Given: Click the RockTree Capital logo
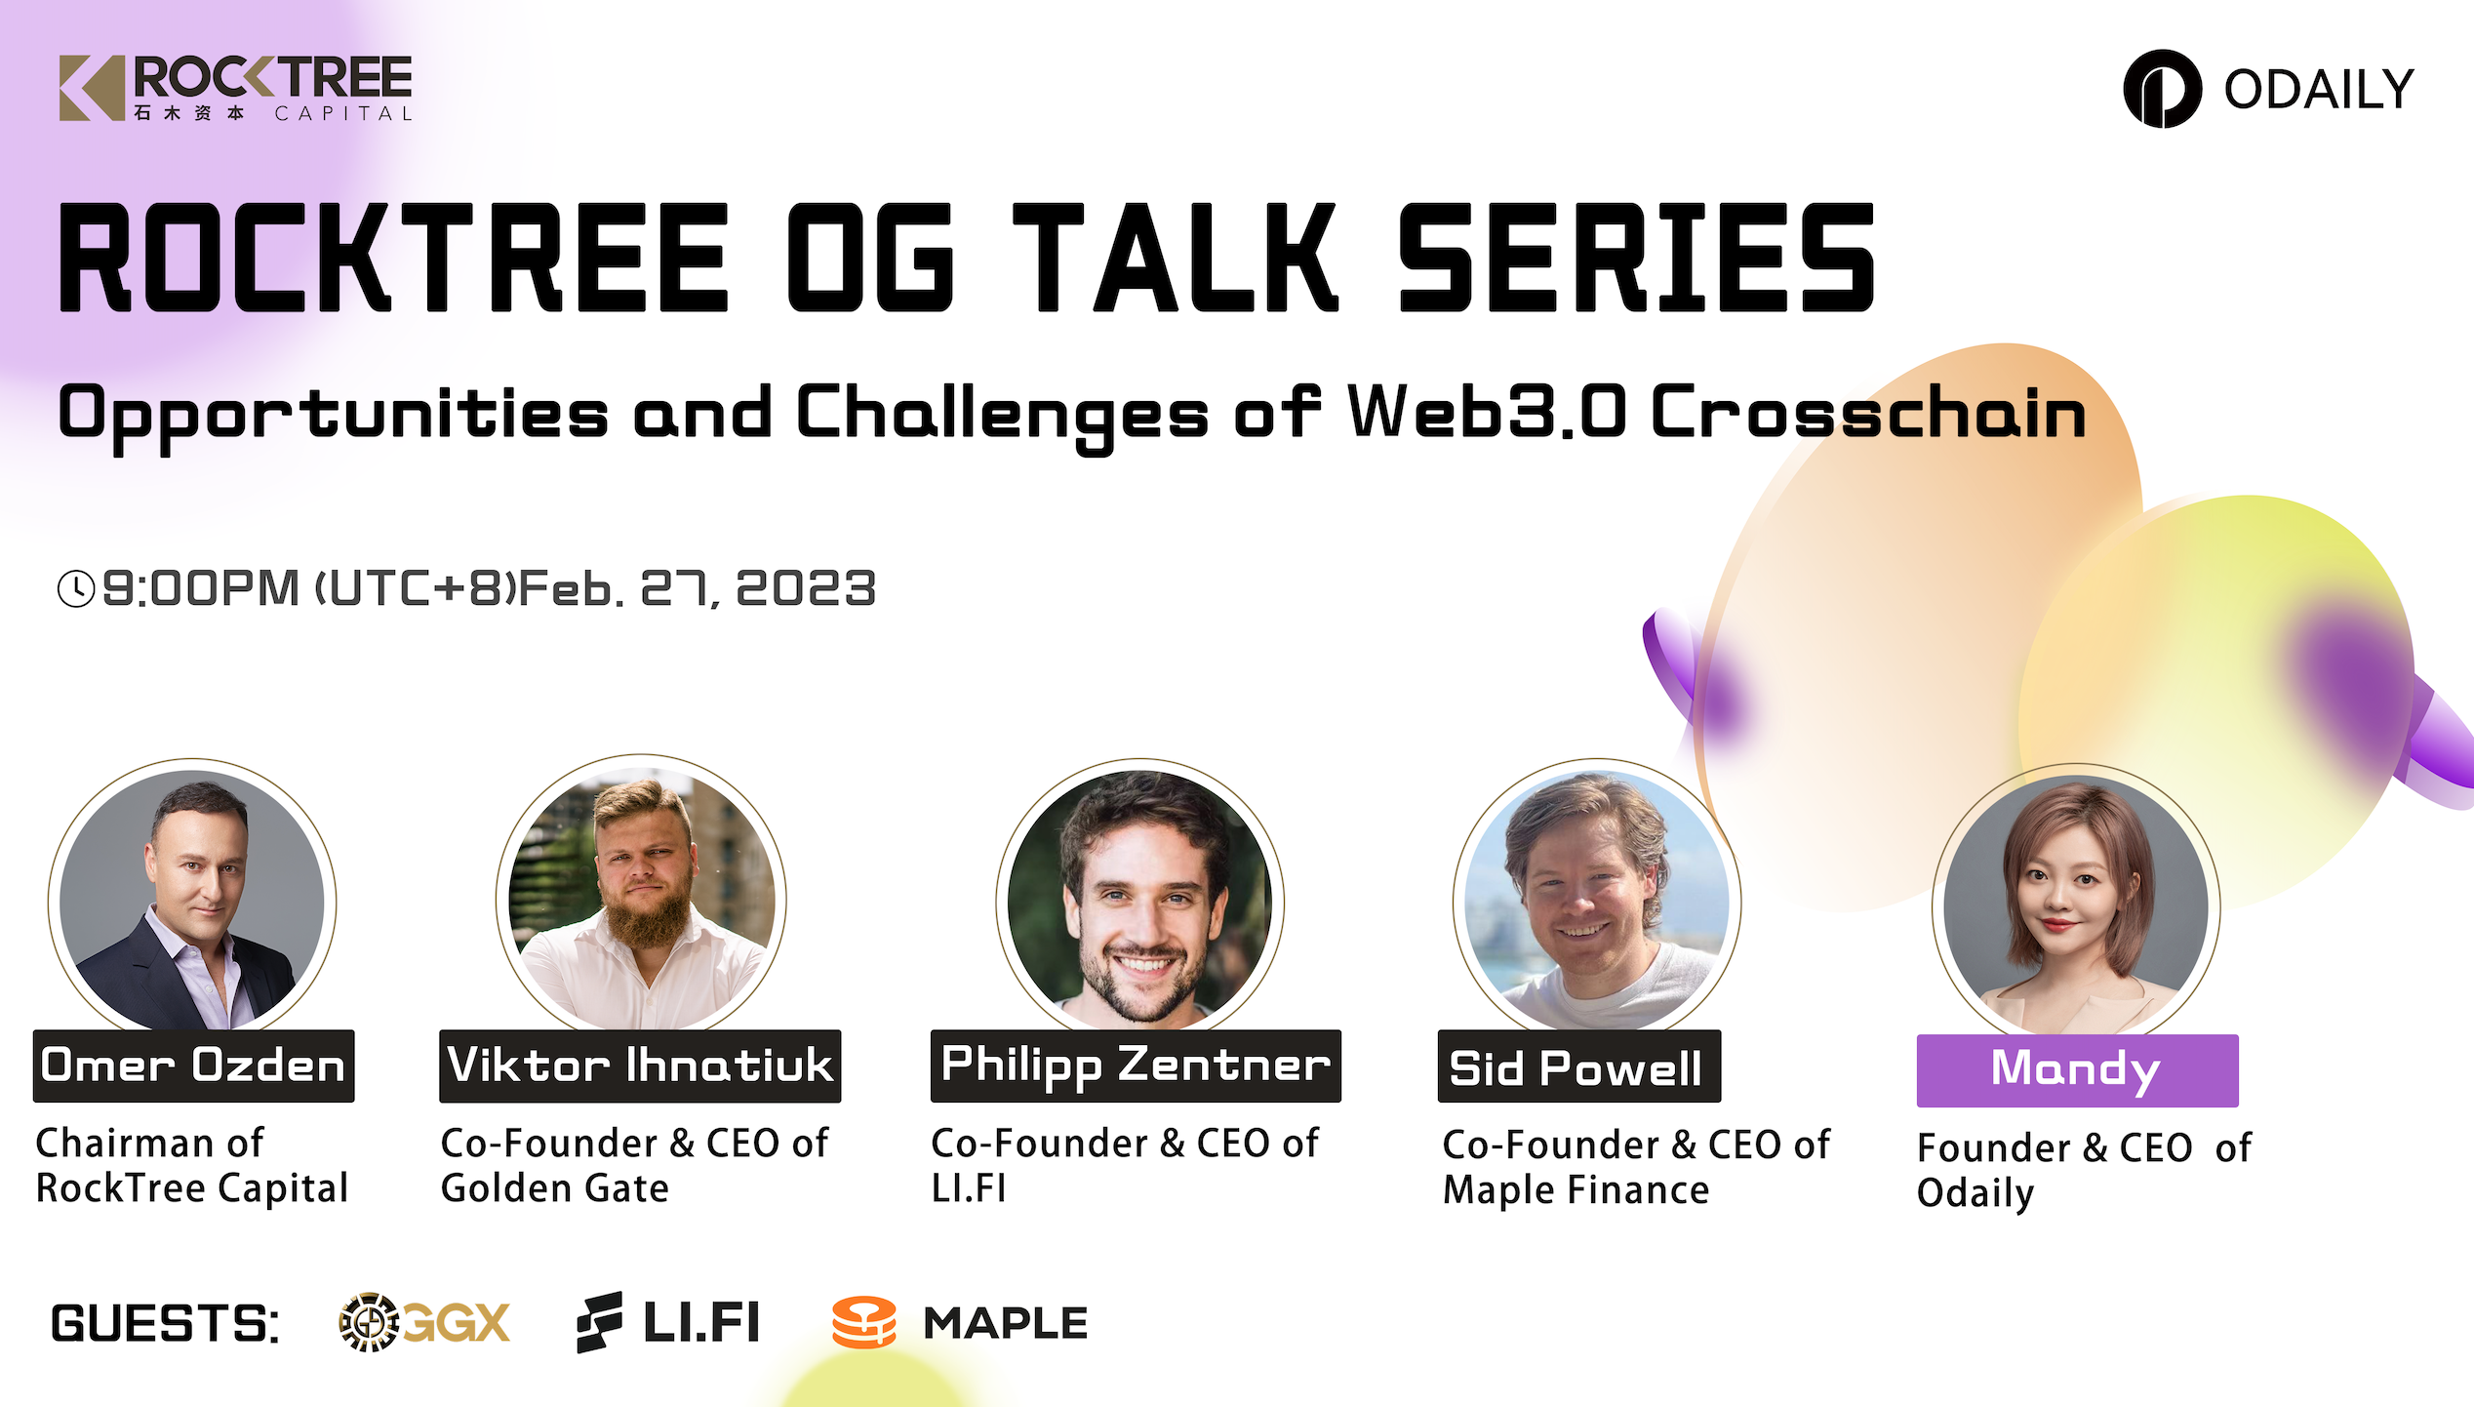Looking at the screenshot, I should [x=236, y=88].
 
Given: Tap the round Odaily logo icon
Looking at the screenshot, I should [x=2162, y=89].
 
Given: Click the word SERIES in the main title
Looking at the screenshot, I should [x=1636, y=258].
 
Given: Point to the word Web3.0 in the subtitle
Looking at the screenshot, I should [x=1487, y=412].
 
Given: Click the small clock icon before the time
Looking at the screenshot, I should [x=76, y=588].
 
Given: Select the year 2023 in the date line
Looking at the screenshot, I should [x=806, y=588].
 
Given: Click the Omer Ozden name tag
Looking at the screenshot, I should [x=193, y=1065].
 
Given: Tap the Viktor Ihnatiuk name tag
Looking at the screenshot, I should [x=640, y=1065].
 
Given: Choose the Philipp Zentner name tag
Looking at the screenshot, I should [x=1136, y=1065].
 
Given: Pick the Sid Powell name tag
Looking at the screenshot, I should [x=1578, y=1066].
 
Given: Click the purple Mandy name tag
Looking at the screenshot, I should [x=2077, y=1070].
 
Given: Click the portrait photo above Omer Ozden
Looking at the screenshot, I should [x=192, y=900].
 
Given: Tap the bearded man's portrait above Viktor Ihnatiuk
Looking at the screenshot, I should [x=641, y=898].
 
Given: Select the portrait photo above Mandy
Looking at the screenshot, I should [x=2076, y=904].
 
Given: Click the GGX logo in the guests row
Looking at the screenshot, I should [x=424, y=1323].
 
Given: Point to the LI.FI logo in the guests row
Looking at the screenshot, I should [x=667, y=1323].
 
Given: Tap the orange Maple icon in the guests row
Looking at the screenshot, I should [x=863, y=1323].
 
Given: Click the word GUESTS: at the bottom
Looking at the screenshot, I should [x=165, y=1324].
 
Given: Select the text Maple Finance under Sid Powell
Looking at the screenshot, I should [x=1576, y=1190].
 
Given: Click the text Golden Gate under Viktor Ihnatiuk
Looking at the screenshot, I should [x=554, y=1188].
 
